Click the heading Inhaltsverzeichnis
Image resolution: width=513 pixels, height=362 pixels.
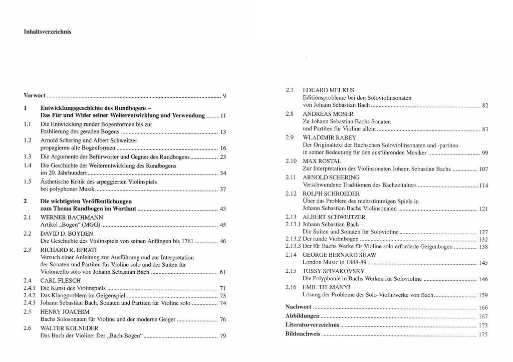48,31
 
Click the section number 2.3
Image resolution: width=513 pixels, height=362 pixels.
29,249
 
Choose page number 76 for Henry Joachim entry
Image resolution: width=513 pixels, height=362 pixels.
223,319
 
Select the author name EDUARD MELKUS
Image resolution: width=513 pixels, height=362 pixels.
325,90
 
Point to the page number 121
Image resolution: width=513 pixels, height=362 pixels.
483,209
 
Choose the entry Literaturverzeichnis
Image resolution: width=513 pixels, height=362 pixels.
307,325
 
